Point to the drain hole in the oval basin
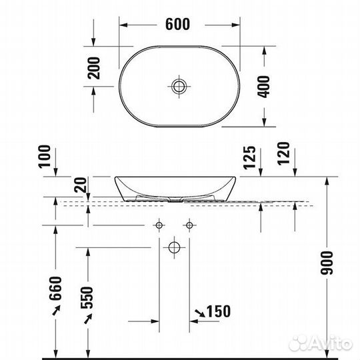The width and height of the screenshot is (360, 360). tap(178, 85)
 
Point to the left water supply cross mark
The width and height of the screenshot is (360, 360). tap(161, 224)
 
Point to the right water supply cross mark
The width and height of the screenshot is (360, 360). tap(190, 224)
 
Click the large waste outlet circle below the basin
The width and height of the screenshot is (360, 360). tap(174, 248)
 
